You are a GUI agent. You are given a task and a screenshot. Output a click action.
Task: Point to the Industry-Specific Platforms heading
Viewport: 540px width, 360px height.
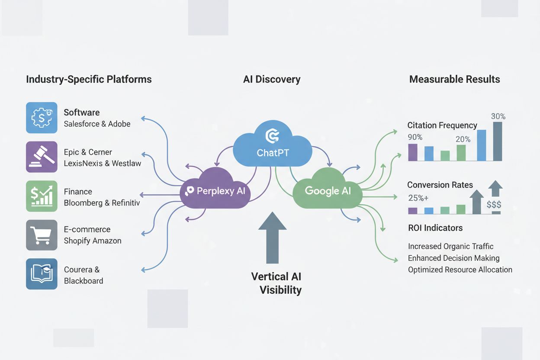click(89, 79)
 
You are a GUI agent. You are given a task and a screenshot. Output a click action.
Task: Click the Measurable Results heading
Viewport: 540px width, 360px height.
click(454, 79)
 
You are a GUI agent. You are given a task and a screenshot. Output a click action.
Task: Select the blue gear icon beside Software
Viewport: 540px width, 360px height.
click(42, 118)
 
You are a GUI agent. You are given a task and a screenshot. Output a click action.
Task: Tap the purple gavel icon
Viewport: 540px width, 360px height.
click(42, 157)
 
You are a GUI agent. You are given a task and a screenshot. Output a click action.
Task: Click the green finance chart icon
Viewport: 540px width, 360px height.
click(42, 196)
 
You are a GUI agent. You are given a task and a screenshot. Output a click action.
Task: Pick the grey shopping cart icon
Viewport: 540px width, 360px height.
click(42, 235)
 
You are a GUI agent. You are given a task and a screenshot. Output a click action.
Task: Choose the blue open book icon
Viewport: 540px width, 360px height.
click(42, 274)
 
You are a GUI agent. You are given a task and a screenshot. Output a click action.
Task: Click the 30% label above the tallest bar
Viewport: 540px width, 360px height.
click(498, 116)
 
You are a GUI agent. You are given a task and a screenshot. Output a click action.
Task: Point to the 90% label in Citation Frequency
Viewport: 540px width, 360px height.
click(415, 137)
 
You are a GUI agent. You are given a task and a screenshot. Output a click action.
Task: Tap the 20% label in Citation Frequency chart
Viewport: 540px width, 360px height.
click(463, 139)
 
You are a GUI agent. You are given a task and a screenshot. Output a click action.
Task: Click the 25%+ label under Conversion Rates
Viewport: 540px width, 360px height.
click(418, 199)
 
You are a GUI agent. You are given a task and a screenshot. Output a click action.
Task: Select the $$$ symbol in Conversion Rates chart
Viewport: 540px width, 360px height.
click(494, 205)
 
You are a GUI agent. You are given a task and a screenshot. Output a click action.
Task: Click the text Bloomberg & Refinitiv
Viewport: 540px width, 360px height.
click(102, 203)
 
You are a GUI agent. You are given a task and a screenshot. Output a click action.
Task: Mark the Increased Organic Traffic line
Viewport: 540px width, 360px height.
click(450, 246)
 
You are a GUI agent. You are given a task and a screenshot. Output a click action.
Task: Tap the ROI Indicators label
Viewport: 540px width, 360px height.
click(435, 228)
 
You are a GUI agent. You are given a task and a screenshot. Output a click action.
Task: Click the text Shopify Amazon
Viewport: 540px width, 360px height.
click(93, 241)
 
